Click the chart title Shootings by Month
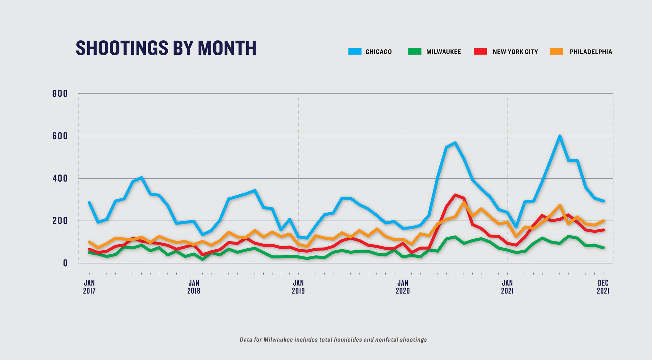tap(166, 48)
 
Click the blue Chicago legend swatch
tap(355, 51)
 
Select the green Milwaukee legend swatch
tap(415, 51)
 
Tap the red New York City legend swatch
tap(480, 51)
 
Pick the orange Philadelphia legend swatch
tap(556, 51)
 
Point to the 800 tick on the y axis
tap(60, 94)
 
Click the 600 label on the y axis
tap(60, 136)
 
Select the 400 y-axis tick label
tap(60, 178)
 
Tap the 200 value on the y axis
tap(60, 221)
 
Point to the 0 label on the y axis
tap(65, 263)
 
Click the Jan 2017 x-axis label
tap(89, 287)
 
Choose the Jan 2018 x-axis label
tap(194, 287)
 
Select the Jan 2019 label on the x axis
tap(298, 287)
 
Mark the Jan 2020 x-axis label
tap(403, 287)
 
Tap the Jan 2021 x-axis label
tap(507, 287)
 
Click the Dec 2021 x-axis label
tap(603, 287)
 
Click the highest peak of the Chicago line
tap(560, 136)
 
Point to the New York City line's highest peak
tap(455, 195)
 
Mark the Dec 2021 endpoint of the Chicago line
tap(603, 201)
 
